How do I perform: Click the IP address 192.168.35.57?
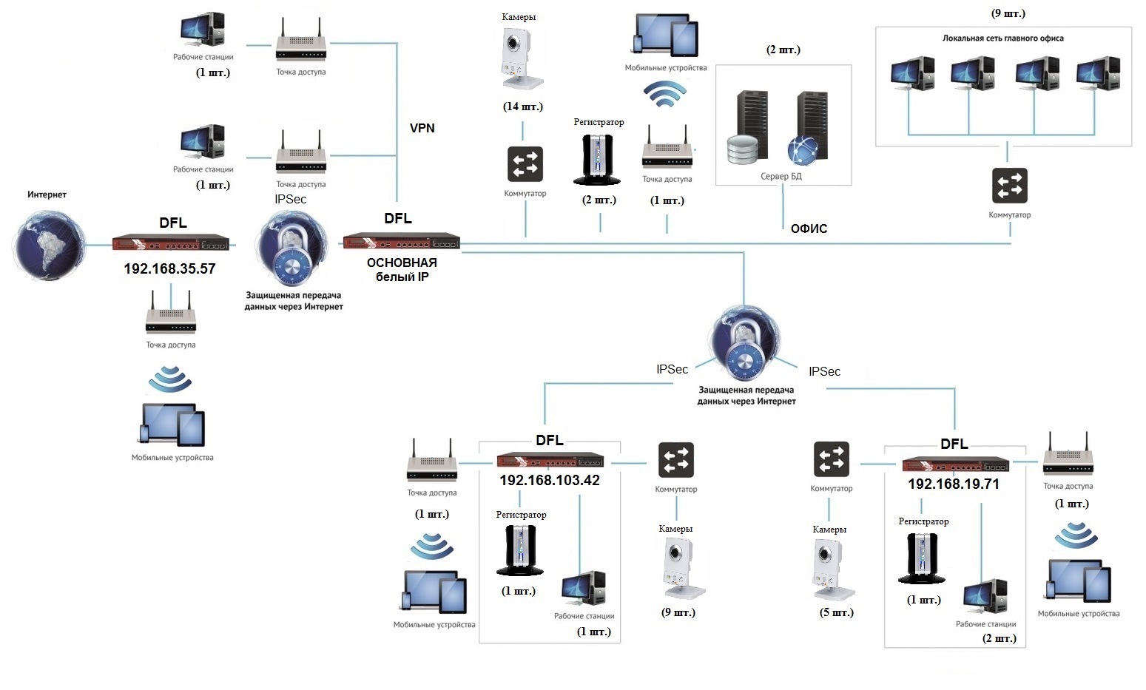click(169, 268)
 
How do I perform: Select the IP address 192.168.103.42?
click(549, 480)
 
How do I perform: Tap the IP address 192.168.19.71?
click(953, 484)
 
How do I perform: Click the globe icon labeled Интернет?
click(49, 246)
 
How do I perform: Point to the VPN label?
click(422, 128)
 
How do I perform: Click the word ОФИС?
click(809, 229)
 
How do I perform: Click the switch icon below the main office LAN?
click(1009, 186)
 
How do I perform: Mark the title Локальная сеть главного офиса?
click(1002, 38)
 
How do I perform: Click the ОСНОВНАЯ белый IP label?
click(402, 269)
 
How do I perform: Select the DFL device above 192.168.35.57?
click(172, 243)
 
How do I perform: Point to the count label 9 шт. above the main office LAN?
click(1008, 13)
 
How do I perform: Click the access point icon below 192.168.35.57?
click(170, 315)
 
